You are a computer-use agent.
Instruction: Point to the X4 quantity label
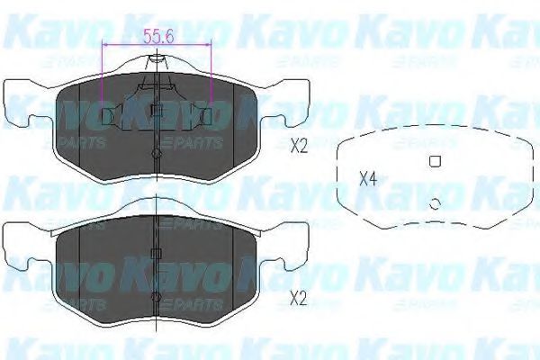[x=367, y=177]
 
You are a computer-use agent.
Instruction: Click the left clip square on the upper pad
[x=107, y=114]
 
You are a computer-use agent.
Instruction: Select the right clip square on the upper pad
[x=205, y=114]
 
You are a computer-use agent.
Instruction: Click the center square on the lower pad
[x=156, y=253]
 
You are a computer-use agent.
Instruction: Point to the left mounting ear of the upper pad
[x=25, y=106]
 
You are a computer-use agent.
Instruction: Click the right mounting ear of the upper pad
[x=287, y=106]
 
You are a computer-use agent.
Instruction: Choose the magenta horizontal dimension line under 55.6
[x=157, y=44]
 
